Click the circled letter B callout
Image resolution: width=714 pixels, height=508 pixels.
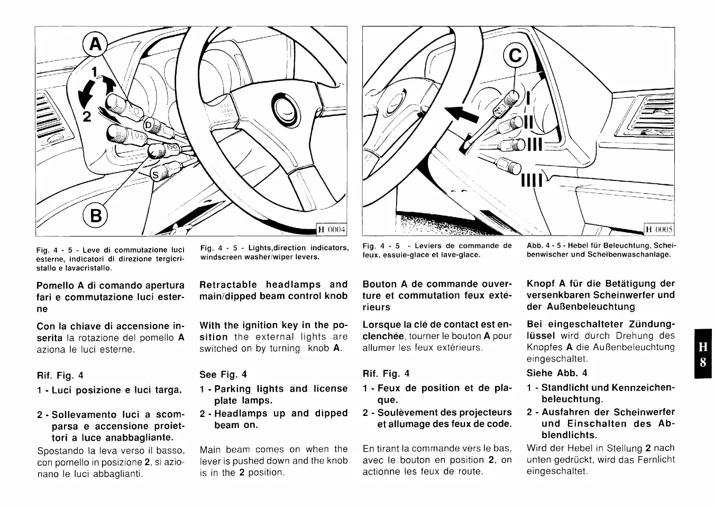tap(95, 215)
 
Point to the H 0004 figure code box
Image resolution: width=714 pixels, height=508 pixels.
tap(331, 229)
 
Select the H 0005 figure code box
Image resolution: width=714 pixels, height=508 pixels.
tap(659, 229)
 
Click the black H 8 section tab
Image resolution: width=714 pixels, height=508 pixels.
tap(702, 355)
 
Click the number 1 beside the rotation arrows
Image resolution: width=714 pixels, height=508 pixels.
tap(94, 72)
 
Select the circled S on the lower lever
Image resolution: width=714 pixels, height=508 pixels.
tap(155, 175)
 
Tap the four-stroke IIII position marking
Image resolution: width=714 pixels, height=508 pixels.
tap(532, 182)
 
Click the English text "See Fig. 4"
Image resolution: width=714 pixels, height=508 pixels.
tap(223, 375)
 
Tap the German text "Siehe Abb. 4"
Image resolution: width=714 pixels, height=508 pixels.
tap(556, 373)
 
